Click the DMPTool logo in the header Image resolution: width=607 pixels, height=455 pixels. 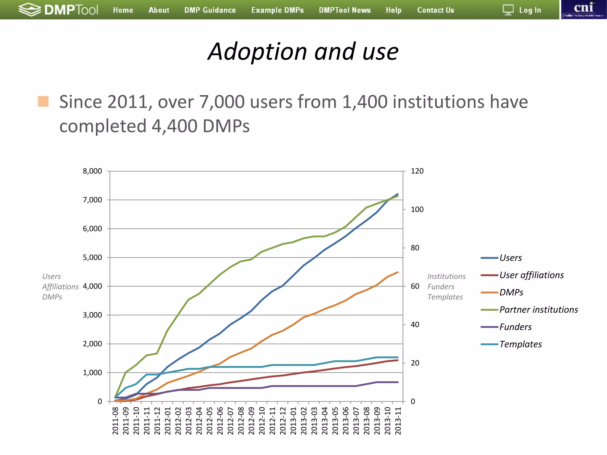[58, 10]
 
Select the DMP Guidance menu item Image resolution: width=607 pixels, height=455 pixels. [210, 10]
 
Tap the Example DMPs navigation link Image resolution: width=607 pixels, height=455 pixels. [277, 10]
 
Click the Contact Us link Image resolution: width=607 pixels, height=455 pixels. [435, 10]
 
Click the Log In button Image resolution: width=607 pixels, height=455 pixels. [523, 10]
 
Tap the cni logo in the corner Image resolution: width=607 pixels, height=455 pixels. [583, 9]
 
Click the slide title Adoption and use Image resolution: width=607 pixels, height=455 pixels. [303, 52]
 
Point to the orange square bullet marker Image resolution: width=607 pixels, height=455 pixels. [43, 101]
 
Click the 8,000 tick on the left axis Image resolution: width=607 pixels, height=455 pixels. [92, 171]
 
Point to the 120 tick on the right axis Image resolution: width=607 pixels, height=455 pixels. [417, 171]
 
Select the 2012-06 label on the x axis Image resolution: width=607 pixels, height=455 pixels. [220, 421]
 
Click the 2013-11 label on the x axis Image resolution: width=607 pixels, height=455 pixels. [398, 421]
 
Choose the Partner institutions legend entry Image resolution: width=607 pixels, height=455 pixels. [538, 310]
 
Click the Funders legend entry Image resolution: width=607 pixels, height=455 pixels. [515, 327]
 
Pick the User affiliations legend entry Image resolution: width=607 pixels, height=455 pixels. [531, 275]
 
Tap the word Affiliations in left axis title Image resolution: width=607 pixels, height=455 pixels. [60, 287]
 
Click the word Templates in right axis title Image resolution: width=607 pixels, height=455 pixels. [445, 297]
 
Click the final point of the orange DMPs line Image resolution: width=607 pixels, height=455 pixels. [397, 272]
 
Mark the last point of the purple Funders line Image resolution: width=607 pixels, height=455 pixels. [397, 382]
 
